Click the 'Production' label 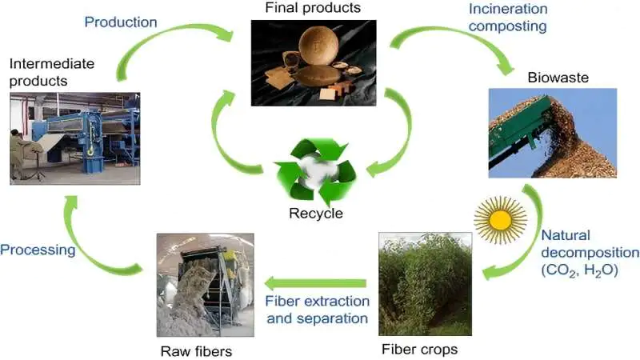point(121,22)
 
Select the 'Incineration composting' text point(507,18)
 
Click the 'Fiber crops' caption point(419,349)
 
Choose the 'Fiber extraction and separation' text point(318,310)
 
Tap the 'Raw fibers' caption point(195,350)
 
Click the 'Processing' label point(38,250)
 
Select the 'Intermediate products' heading point(52,70)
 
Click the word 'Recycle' point(316,213)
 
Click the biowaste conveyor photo point(552,132)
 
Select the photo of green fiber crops point(424,284)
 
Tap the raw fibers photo point(205,284)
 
